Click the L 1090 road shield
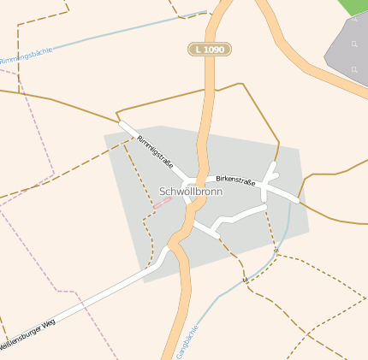pyautogui.click(x=209, y=50)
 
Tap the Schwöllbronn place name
pyautogui.click(x=191, y=192)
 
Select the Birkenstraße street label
pyautogui.click(x=236, y=180)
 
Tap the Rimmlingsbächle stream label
pyautogui.click(x=26, y=56)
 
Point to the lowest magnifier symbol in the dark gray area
pyautogui.click(x=353, y=68)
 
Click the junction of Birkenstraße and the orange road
pyautogui.click(x=205, y=180)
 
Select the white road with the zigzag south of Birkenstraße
pyautogui.click(x=231, y=219)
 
